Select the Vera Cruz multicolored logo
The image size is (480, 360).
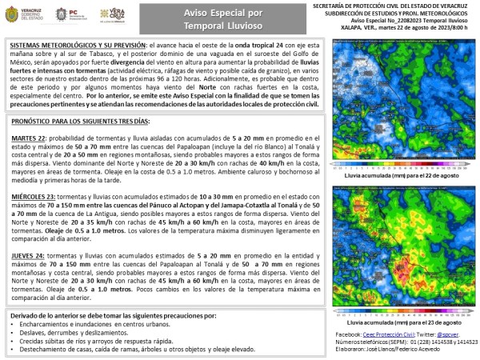tap(113, 15)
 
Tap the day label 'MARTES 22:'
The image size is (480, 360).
tap(30, 138)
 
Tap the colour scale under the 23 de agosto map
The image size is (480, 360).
tap(400, 312)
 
